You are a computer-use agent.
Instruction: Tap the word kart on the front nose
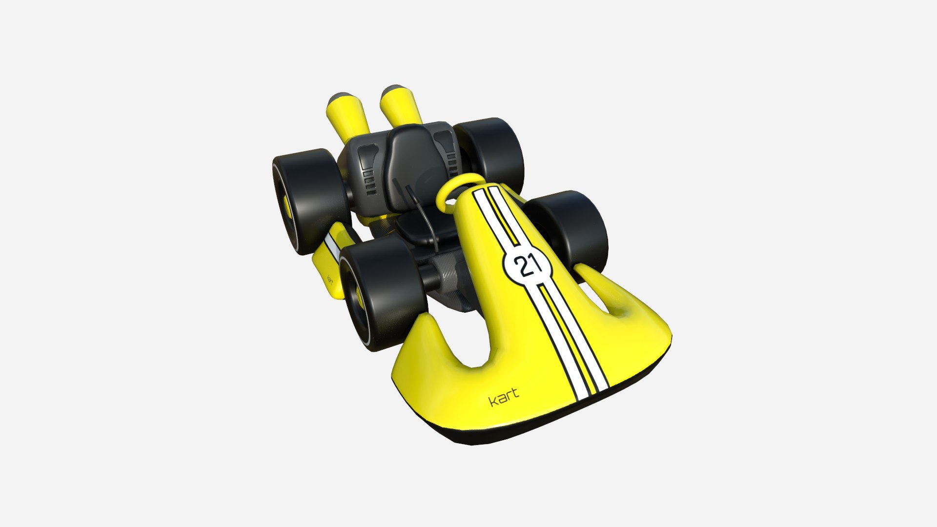pos(504,398)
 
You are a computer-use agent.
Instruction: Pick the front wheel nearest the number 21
pos(571,229)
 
